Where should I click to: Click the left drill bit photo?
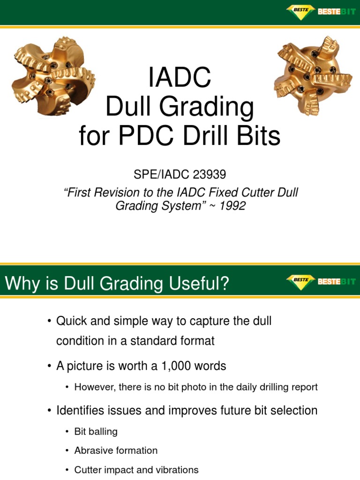coord(53,77)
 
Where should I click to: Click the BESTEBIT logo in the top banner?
coord(321,11)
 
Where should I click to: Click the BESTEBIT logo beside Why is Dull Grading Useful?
coord(321,282)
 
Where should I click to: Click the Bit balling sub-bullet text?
coord(96,431)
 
